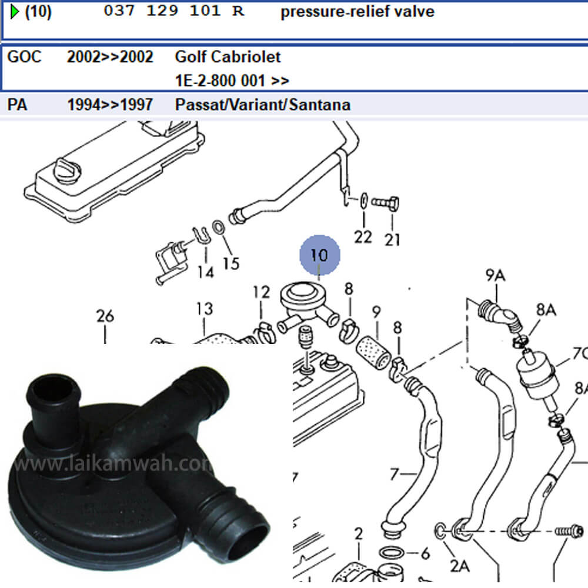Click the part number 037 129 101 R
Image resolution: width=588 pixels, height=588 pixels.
(x=173, y=12)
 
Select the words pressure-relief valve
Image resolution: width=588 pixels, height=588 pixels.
(x=358, y=12)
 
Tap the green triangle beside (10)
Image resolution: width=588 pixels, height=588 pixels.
(x=14, y=11)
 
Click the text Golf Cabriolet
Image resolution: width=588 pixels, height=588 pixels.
(x=228, y=57)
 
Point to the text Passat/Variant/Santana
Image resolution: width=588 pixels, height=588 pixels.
(x=262, y=105)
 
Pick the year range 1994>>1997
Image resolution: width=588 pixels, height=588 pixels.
(x=109, y=105)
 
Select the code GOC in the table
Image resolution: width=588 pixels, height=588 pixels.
(x=24, y=57)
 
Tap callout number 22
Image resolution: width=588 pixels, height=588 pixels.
(x=363, y=237)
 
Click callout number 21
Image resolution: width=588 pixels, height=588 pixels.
(x=392, y=239)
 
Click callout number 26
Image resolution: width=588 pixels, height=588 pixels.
(x=105, y=316)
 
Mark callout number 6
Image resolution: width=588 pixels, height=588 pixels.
(x=426, y=553)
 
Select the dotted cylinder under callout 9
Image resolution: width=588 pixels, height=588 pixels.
(x=371, y=355)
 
